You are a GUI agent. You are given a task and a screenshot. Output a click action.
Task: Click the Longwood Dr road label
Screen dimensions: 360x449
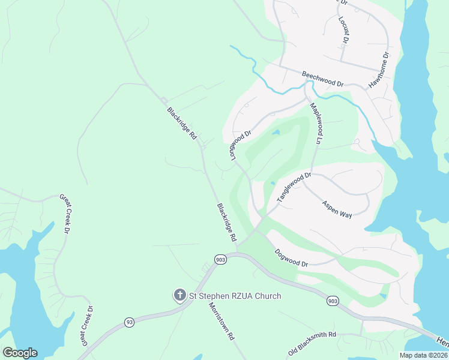click(239, 139)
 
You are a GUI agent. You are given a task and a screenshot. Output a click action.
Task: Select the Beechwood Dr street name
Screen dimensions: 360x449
click(322, 77)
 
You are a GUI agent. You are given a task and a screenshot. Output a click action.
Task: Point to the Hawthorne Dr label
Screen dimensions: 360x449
click(379, 70)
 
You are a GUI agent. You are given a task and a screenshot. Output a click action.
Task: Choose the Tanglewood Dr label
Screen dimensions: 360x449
click(294, 187)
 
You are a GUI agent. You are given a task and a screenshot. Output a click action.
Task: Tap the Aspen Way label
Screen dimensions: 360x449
click(337, 208)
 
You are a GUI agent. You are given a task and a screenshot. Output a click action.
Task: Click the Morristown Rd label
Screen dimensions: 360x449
click(220, 322)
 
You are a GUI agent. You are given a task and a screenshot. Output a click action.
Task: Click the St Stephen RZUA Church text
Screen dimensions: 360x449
click(235, 296)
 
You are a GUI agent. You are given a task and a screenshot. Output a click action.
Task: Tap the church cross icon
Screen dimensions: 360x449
click(179, 295)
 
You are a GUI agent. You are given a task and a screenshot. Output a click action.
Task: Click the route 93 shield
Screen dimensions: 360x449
click(130, 322)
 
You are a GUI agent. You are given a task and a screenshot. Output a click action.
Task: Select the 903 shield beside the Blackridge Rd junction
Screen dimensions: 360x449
click(220, 259)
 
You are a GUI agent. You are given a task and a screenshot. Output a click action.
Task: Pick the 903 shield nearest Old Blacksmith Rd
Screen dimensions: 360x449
click(332, 301)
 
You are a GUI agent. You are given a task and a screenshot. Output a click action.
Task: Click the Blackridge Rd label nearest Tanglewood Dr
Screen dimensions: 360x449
click(226, 222)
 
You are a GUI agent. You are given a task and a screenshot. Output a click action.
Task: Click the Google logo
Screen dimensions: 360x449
click(20, 353)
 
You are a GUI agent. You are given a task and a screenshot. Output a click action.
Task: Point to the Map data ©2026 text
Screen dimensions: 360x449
click(424, 355)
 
